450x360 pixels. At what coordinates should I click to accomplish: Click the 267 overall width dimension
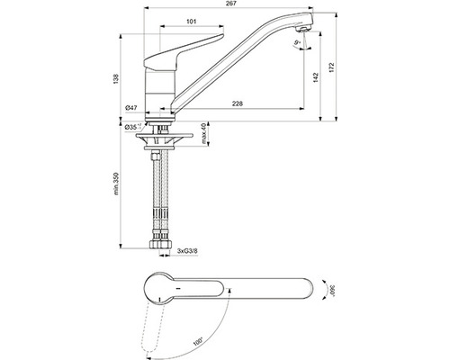(x=230, y=4)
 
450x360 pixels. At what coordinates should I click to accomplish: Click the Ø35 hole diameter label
(x=133, y=128)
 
